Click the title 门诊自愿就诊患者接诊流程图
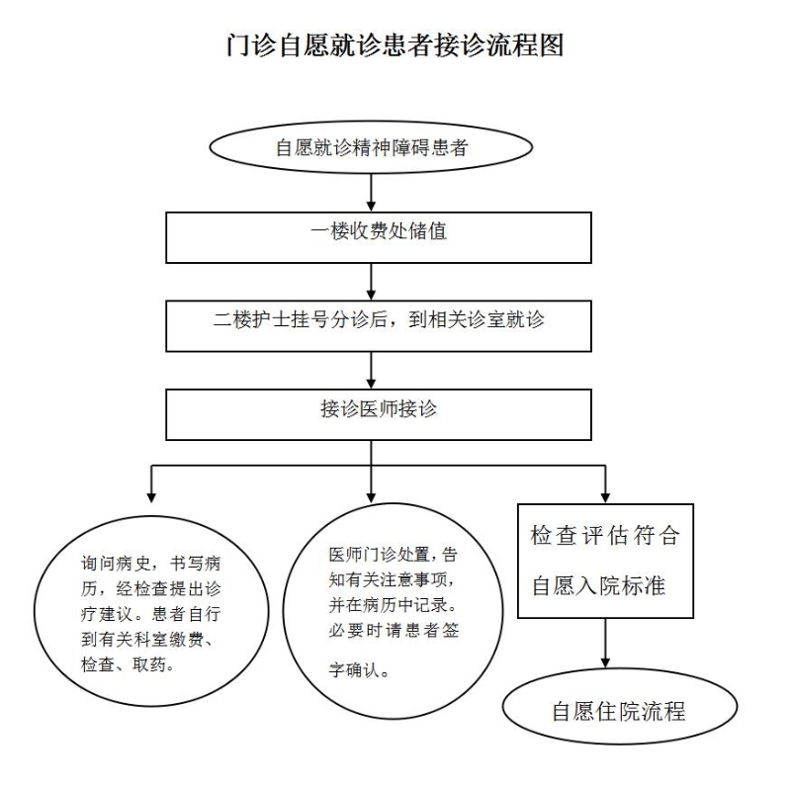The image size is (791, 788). coord(395,45)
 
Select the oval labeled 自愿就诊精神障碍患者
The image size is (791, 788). coord(371,147)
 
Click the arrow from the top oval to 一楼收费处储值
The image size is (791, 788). coord(372,193)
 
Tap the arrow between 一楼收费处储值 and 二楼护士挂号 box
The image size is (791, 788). coord(372,282)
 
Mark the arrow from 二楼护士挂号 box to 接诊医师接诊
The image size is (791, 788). coord(372,371)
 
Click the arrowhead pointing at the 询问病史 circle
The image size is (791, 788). coord(151,497)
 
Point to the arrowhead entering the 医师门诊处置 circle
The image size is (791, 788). coord(372,497)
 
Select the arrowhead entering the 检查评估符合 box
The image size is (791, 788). coord(605,498)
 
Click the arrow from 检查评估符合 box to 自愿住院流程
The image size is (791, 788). coord(605,644)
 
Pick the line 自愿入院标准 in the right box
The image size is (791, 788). coord(599,585)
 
